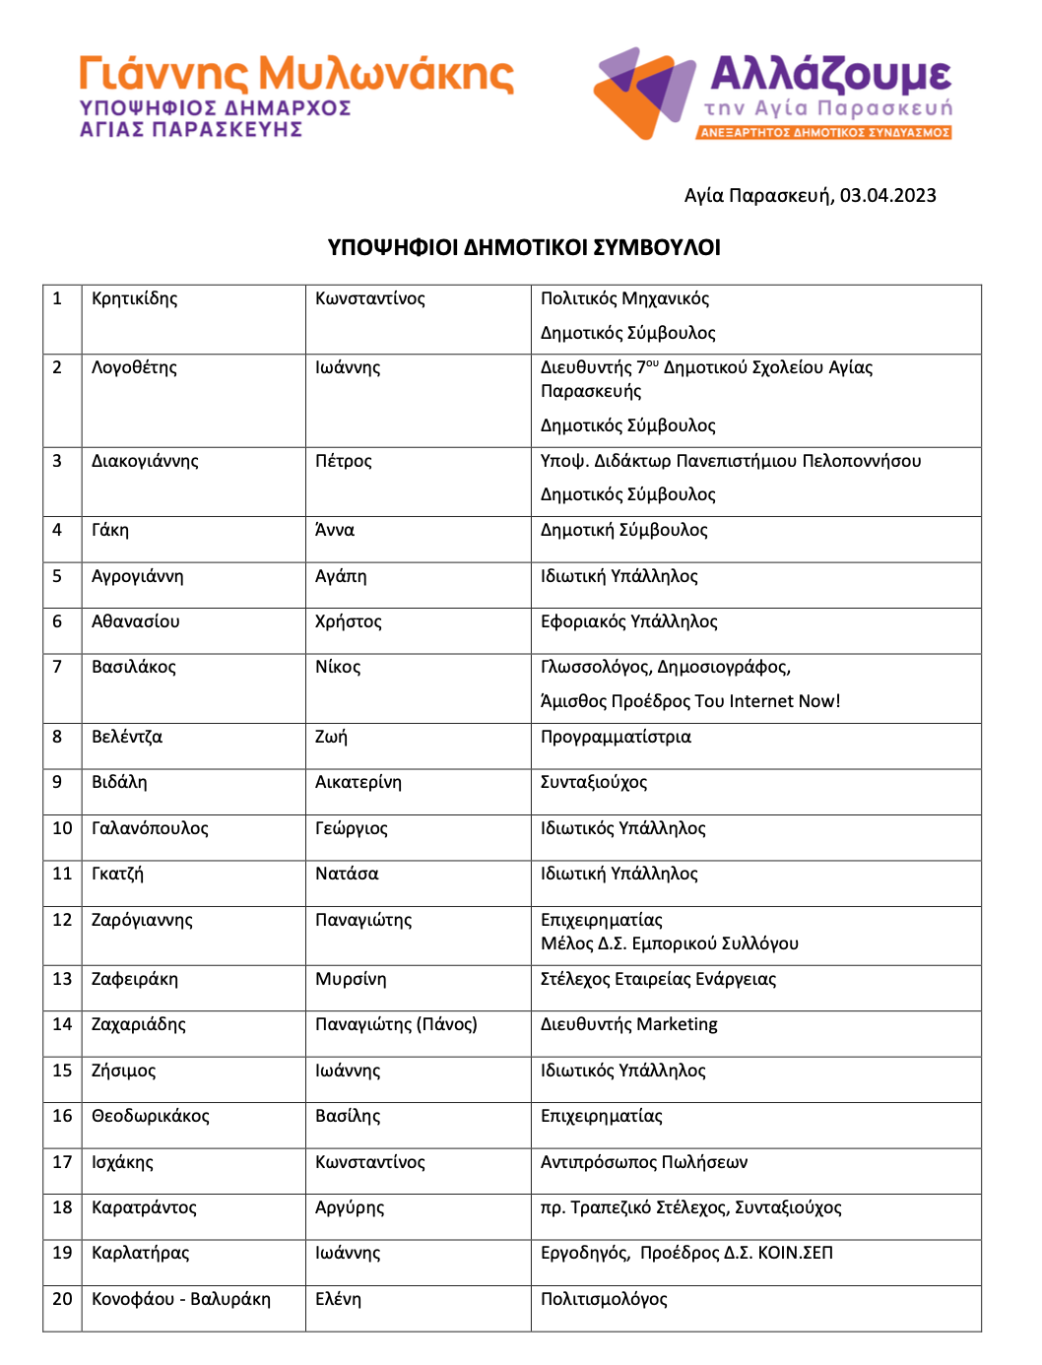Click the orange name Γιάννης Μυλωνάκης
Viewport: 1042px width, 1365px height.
[296, 74]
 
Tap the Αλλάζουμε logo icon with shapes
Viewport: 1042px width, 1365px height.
[645, 93]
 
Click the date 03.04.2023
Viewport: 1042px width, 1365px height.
[887, 195]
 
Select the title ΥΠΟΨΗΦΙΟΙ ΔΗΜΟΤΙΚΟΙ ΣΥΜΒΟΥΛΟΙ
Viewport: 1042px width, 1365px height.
[524, 247]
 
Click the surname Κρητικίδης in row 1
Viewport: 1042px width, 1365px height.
[135, 298]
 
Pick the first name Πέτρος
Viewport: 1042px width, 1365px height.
[344, 461]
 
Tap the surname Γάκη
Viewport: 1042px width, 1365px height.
[110, 530]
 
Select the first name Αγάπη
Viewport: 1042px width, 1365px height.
[341, 576]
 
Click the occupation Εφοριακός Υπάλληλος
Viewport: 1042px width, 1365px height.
[628, 621]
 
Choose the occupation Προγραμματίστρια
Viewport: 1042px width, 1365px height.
[616, 737]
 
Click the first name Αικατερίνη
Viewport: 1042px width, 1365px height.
[358, 782]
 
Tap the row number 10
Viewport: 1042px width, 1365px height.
[62, 828]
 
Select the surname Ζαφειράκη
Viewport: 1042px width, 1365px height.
[135, 979]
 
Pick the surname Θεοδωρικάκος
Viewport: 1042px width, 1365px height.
[151, 1116]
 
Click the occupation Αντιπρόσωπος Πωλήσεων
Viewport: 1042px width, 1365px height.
[644, 1162]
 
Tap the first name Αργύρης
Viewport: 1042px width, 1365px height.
[350, 1207]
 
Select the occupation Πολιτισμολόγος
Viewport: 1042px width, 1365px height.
[604, 1299]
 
